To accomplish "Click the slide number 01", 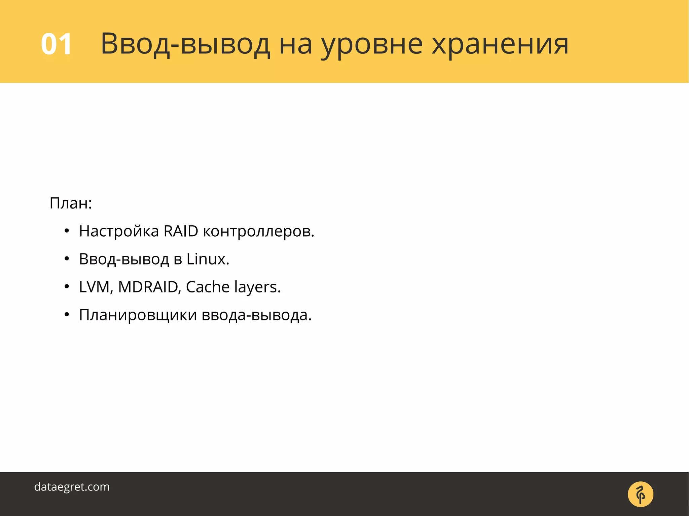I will pyautogui.click(x=56, y=44).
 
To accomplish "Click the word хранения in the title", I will pyautogui.click(x=500, y=44).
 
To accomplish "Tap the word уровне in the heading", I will pyautogui.click(x=371, y=44).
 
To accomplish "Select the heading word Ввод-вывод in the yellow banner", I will pyautogui.click(x=185, y=44).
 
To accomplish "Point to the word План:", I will pyautogui.click(x=71, y=203).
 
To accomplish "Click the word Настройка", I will pyautogui.click(x=119, y=231).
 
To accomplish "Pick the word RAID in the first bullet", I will pyautogui.click(x=181, y=231).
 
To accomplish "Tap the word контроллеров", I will pyautogui.click(x=258, y=231).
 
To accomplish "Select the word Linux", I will pyautogui.click(x=208, y=259).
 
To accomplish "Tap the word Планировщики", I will pyautogui.click(x=138, y=315).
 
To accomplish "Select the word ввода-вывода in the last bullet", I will pyautogui.click(x=256, y=315).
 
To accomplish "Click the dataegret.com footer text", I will pyautogui.click(x=72, y=487).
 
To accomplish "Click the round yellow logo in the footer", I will pyautogui.click(x=640, y=494).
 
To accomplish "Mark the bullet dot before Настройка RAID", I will pyautogui.click(x=67, y=231).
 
